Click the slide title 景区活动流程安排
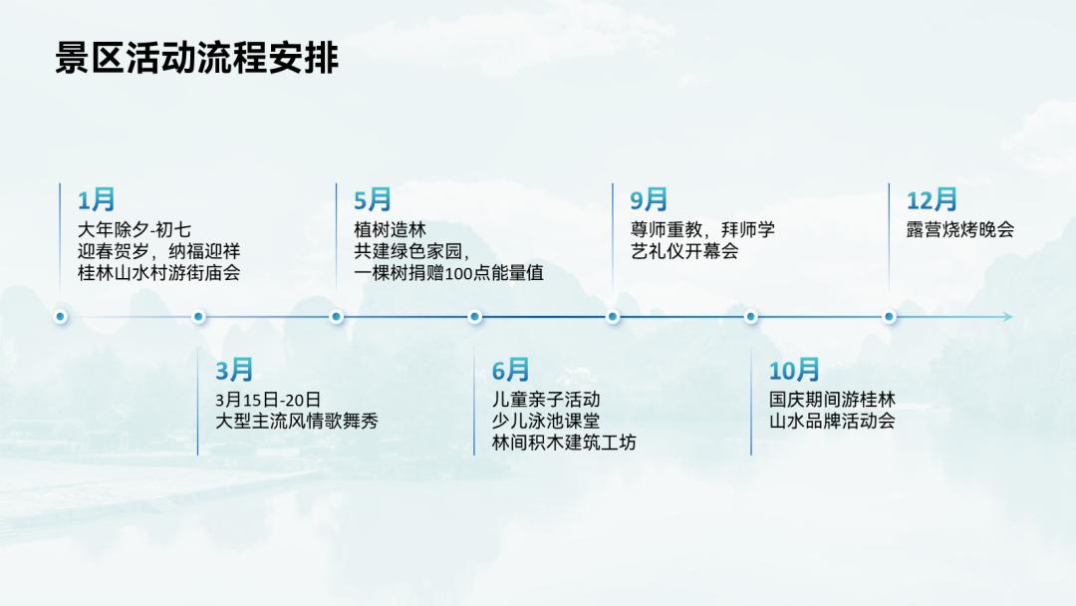(x=197, y=59)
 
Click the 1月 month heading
(x=97, y=200)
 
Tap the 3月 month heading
(x=235, y=372)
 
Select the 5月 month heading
(x=373, y=200)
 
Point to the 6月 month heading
(x=511, y=372)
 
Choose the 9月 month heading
(x=649, y=200)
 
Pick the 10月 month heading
(x=794, y=372)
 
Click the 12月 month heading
(x=932, y=200)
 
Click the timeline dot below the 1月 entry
(x=61, y=317)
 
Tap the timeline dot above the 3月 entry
(x=199, y=317)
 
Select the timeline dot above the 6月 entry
(x=475, y=317)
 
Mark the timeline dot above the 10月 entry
(x=751, y=317)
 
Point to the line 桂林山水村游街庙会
(x=158, y=272)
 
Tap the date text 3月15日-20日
(x=268, y=400)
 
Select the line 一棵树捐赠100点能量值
(x=448, y=272)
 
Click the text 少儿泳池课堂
(x=546, y=422)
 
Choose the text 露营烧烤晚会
(x=959, y=229)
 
